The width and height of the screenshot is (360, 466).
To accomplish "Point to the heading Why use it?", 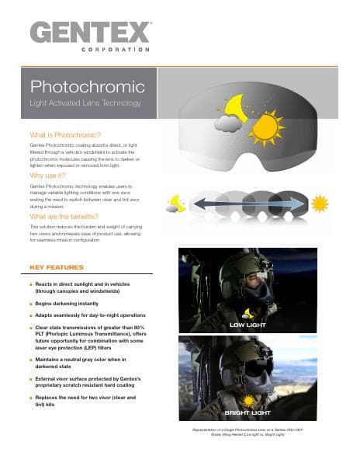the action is [x=48, y=176].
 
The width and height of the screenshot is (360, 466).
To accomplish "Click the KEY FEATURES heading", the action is [x=55, y=267].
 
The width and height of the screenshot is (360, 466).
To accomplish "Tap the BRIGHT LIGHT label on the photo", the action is [x=247, y=412].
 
